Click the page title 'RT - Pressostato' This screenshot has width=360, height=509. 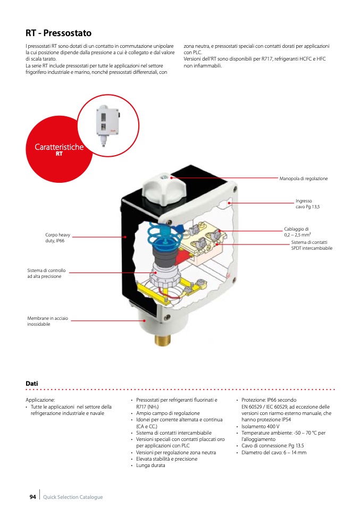point(58,33)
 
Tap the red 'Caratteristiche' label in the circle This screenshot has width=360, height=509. point(59,147)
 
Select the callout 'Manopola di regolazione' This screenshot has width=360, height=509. point(304,179)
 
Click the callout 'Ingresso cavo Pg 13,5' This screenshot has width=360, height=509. point(308,204)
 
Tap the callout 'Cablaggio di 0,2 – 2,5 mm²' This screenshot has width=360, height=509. point(297,232)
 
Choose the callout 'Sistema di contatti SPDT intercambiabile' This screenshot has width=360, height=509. point(312,245)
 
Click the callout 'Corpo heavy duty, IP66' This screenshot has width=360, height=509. point(58,237)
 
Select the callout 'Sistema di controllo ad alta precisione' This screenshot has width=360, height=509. point(46,274)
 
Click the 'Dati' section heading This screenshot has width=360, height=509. point(32,384)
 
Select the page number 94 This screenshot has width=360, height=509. point(32,497)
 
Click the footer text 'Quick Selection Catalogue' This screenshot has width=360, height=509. point(73,497)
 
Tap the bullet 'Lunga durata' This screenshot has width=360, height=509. point(150,465)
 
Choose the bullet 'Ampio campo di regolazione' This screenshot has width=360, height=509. point(168,413)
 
